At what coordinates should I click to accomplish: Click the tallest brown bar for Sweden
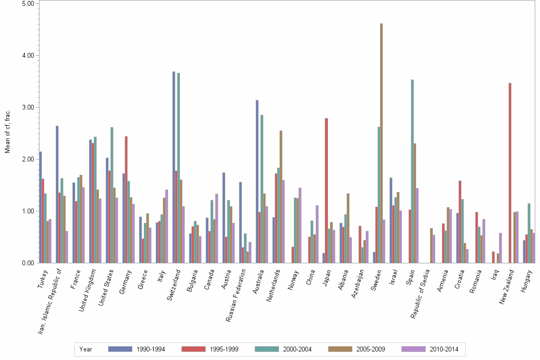point(381,143)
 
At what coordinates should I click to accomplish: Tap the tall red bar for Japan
point(327,190)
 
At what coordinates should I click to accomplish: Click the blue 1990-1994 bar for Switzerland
point(174,167)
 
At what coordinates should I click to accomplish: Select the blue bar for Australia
point(257,181)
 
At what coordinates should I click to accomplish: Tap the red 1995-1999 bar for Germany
point(126,200)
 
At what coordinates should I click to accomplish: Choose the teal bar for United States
point(112,195)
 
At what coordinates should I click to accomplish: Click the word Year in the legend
point(86,349)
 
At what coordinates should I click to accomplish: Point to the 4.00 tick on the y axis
point(28,55)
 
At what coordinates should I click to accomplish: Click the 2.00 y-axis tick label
point(28,159)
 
